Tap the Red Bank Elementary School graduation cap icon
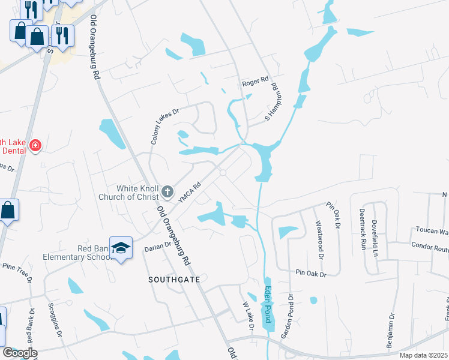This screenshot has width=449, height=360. click(121, 249)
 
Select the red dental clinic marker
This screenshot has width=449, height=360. click(35, 146)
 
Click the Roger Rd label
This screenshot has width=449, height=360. click(255, 85)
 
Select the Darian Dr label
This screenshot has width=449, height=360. click(158, 245)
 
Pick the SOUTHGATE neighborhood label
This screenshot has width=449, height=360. click(174, 280)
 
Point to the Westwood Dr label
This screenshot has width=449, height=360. click(319, 239)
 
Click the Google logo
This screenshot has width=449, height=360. click(20, 352)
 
